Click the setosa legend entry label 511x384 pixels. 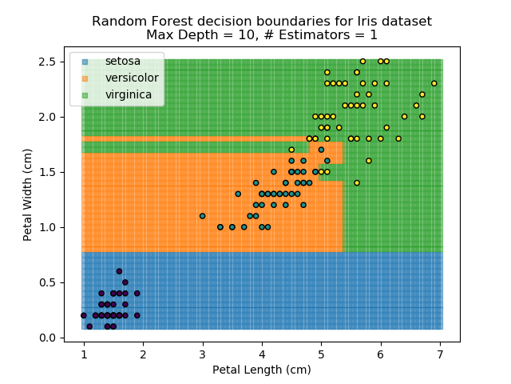tap(122, 61)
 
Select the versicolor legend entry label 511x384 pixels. tap(132, 78)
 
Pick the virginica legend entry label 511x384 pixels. tap(129, 94)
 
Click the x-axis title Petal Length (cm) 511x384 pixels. tap(262, 370)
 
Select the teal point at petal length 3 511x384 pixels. tap(202, 216)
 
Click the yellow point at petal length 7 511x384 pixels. tap(434, 83)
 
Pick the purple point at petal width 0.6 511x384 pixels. tap(119, 271)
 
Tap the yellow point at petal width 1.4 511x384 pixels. tap(357, 182)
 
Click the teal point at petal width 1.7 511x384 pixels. tap(321, 150)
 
